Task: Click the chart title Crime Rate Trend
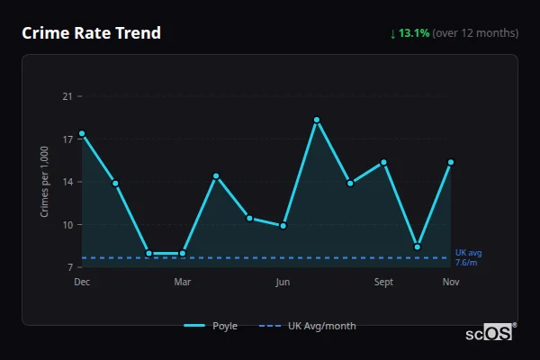click(x=91, y=33)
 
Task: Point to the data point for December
click(x=82, y=133)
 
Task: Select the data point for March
click(x=183, y=253)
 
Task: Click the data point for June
click(x=283, y=225)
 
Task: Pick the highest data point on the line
click(x=317, y=120)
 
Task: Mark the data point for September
click(x=384, y=162)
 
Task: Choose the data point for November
click(x=451, y=162)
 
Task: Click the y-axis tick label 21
click(x=67, y=96)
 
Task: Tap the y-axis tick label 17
click(x=67, y=139)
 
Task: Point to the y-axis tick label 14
click(x=67, y=182)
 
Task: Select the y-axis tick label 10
click(x=67, y=225)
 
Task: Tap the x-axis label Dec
click(x=82, y=283)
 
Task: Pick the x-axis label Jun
click(x=283, y=283)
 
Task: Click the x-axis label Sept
click(x=384, y=283)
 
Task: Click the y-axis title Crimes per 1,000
click(x=45, y=182)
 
